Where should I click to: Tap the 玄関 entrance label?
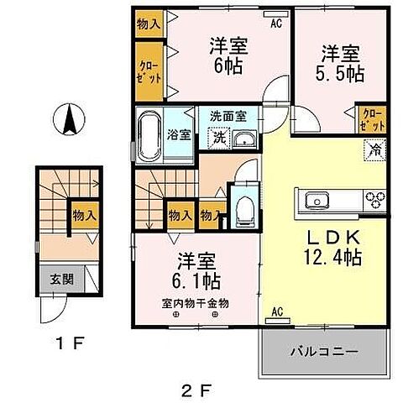click(53, 280)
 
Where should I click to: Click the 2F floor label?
click(198, 388)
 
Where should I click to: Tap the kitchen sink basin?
click(317, 200)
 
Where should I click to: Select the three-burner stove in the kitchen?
click(374, 200)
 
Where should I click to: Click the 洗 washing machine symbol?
click(217, 139)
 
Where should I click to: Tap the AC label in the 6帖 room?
click(275, 24)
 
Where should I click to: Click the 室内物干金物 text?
click(196, 303)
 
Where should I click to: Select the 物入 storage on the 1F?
click(82, 215)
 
